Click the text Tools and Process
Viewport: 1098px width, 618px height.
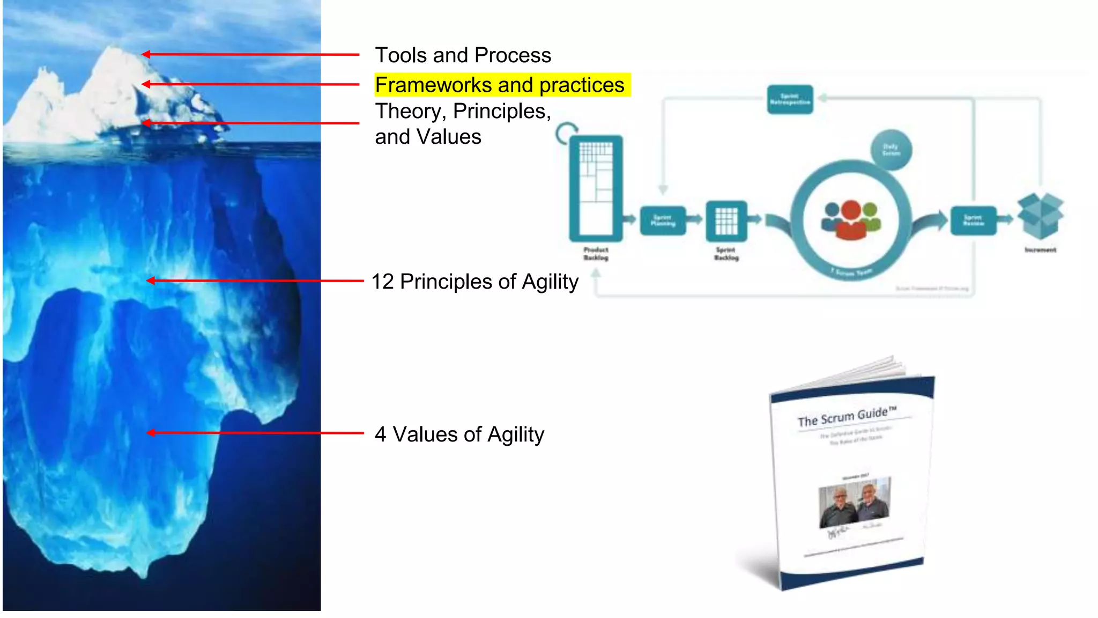point(463,55)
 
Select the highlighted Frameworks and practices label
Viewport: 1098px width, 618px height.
point(500,85)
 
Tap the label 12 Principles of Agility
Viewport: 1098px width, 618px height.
point(475,282)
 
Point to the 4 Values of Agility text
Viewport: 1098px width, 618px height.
point(459,434)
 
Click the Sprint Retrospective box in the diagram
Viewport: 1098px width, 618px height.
point(790,99)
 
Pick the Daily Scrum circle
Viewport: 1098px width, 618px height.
point(891,150)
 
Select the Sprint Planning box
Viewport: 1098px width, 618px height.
point(663,220)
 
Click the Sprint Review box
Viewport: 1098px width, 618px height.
point(973,220)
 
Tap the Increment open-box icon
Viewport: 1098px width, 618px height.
point(1040,216)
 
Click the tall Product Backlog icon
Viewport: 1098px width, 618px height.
point(596,188)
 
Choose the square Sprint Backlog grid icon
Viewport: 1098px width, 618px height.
point(726,220)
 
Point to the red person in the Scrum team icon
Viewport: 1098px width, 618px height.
point(851,220)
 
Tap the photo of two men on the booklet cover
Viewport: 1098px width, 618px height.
point(855,503)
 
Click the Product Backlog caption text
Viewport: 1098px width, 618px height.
point(596,254)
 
